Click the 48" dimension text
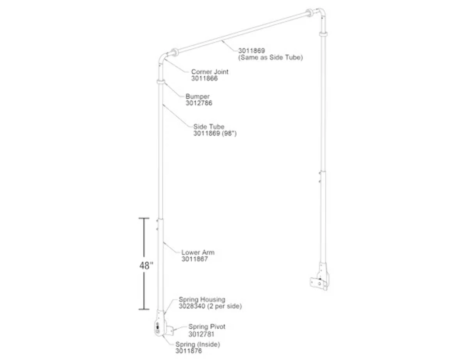(146, 266)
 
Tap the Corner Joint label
(210, 72)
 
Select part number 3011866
(204, 78)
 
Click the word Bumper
(197, 96)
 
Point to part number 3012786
(199, 103)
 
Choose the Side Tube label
(209, 127)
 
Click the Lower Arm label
(198, 252)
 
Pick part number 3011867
(195, 259)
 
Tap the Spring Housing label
(202, 300)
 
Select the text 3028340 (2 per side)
(210, 306)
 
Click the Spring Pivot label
(207, 327)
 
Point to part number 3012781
(201, 334)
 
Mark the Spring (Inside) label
(197, 344)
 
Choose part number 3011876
(188, 351)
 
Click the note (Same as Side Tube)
(270, 57)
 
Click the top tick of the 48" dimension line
(144, 219)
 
